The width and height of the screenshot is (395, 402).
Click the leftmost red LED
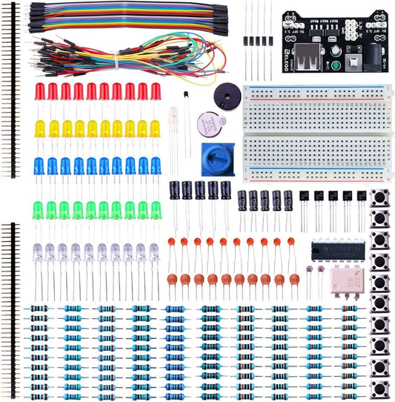pos(40,92)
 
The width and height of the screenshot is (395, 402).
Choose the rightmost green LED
pos(156,210)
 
